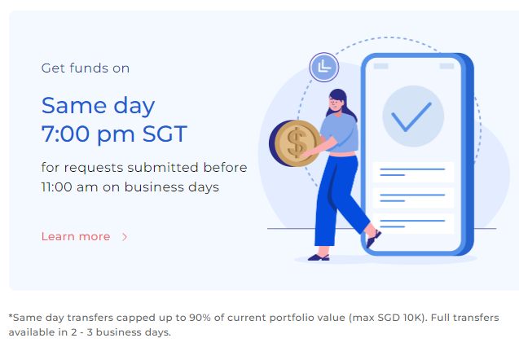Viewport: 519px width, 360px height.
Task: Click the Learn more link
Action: [x=76, y=236]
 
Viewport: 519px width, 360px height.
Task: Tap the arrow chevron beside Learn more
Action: [x=125, y=237]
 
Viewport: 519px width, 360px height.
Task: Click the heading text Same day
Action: [x=98, y=106]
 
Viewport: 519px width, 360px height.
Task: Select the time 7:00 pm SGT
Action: [x=114, y=134]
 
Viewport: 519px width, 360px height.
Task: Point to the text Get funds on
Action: [x=85, y=68]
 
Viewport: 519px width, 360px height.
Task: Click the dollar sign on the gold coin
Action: [x=297, y=143]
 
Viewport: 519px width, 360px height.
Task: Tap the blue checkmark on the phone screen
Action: [x=411, y=116]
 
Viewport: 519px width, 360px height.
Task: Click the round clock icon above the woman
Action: [x=324, y=67]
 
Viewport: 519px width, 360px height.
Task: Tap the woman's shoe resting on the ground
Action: [x=319, y=257]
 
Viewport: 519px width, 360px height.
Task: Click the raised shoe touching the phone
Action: [x=373, y=238]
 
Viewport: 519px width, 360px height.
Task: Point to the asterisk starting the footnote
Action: [x=11, y=316]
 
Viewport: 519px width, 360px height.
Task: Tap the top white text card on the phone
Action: [x=413, y=172]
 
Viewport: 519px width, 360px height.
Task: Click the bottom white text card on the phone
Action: [x=413, y=224]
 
